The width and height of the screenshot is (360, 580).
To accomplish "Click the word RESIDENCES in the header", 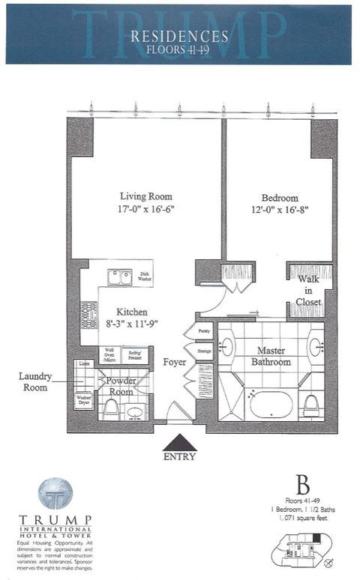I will coord(179,36).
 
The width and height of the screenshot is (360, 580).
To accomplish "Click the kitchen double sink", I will coord(118,278).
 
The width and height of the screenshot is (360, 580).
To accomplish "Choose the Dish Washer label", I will coord(145,277).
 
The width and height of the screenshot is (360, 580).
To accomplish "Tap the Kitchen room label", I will coord(131,311).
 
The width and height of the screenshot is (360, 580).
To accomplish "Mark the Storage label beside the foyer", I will coord(203,349).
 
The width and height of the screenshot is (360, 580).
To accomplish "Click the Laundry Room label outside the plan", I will coord(34,382).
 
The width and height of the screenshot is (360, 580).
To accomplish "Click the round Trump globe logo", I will coord(55,494).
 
